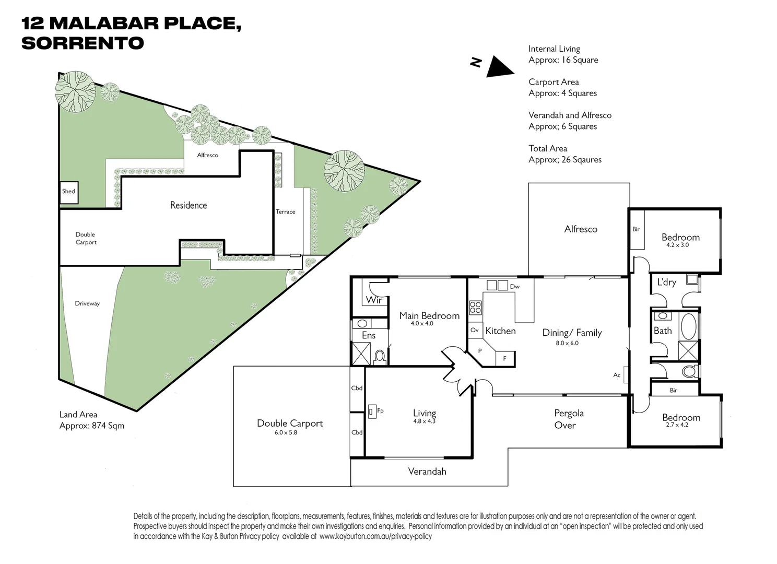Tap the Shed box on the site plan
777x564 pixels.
coord(68,192)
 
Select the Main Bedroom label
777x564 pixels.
coord(429,315)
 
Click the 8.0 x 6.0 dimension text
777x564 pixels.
coord(567,343)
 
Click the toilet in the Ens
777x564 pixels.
coord(380,356)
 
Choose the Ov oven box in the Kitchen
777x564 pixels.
coord(475,330)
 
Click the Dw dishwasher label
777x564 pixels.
coord(514,286)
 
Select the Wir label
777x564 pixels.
coord(374,300)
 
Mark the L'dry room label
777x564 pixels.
coord(666,282)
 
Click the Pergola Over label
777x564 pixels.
coord(568,419)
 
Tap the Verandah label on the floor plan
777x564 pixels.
coord(427,471)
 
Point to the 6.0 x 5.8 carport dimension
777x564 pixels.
coord(286,432)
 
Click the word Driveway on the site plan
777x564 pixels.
coord(87,303)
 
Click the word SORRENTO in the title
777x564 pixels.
coord(83,43)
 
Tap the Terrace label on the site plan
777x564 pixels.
coord(285,211)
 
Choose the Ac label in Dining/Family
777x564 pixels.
coord(617,375)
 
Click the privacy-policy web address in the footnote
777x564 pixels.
coord(375,536)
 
